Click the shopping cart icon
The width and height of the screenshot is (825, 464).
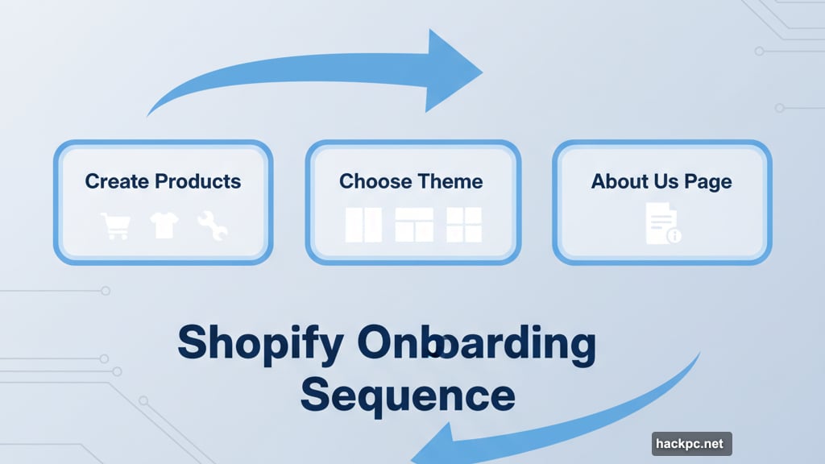[x=114, y=226]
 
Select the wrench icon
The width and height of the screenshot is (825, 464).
[x=213, y=226]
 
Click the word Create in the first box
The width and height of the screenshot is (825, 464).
[x=117, y=180]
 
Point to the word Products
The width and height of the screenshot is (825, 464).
[x=197, y=180]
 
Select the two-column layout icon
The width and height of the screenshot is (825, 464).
[x=363, y=225]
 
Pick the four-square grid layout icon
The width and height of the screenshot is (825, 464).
[x=464, y=225]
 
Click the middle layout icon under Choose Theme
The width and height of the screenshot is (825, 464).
[x=414, y=225]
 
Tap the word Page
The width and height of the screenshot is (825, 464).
[x=707, y=181]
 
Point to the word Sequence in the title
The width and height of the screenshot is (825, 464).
[x=407, y=395]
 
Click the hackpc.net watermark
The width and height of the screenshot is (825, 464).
[x=691, y=443]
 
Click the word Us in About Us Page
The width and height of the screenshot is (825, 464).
[x=666, y=180]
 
